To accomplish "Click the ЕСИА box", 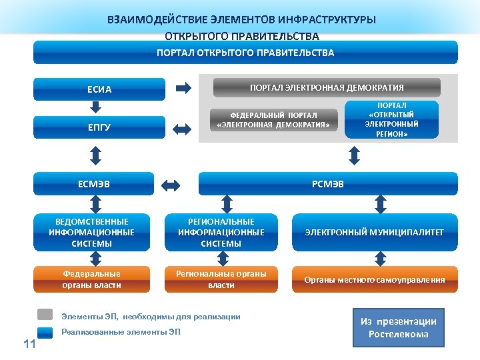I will [99, 89].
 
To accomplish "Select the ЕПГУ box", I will [99, 127].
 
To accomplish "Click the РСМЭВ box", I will [328, 184].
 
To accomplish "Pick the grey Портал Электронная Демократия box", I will [326, 87].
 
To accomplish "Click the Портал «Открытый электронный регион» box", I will [391, 119].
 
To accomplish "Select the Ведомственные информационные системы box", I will [91, 233].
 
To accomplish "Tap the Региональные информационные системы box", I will [221, 233].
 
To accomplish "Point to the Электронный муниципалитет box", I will [374, 233].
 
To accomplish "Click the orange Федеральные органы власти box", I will [91, 279].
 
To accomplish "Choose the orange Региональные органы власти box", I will [221, 279].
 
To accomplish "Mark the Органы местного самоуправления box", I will [374, 279].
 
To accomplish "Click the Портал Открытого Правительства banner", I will [245, 53].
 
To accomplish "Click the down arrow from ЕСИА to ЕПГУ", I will [99, 107].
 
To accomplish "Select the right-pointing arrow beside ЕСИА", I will [182, 88].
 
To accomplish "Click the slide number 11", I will [29, 344].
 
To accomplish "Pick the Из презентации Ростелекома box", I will [398, 327].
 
